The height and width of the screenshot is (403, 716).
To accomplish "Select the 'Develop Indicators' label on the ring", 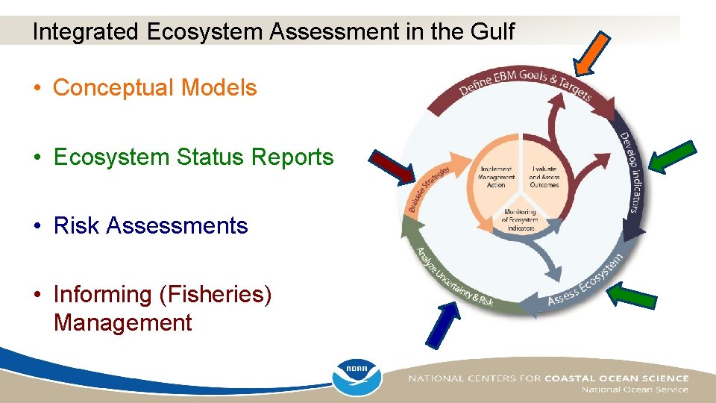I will pos(631,172).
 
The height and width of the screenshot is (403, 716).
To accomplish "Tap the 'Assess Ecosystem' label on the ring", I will pos(586,280).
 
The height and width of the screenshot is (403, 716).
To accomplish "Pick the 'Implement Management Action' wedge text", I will pos(496,178).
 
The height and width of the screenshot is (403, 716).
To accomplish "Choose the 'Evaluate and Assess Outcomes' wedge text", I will pos(544,178).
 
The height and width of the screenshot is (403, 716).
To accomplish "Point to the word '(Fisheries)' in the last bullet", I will pos(216,294).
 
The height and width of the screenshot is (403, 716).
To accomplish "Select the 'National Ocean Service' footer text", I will pos(635,390).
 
